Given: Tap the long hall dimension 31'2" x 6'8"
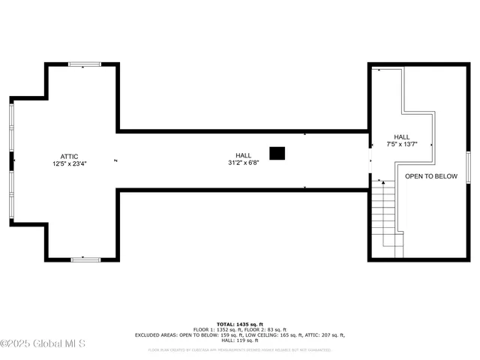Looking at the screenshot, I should pos(244,163).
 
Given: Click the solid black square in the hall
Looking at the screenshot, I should pos(277,153).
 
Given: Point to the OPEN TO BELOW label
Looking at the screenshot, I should pos(431,176).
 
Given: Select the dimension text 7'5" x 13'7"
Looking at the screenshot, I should pos(402,144).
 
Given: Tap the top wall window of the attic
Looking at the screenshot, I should pos(85,64).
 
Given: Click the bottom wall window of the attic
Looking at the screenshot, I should pos(85,259).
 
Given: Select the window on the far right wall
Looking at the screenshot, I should pos(467,166).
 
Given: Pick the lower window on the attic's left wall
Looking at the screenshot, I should pos(11,195).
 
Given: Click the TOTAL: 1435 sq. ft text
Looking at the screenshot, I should pos(240,323).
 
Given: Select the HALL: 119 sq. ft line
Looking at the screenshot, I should pos(240,340).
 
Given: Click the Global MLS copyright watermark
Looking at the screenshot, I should pos(43,344).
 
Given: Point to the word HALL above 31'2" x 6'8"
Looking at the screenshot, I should pos(244,155).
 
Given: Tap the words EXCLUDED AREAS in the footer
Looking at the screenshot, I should pos(154,335).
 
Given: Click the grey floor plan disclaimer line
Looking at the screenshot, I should pos(240,349).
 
